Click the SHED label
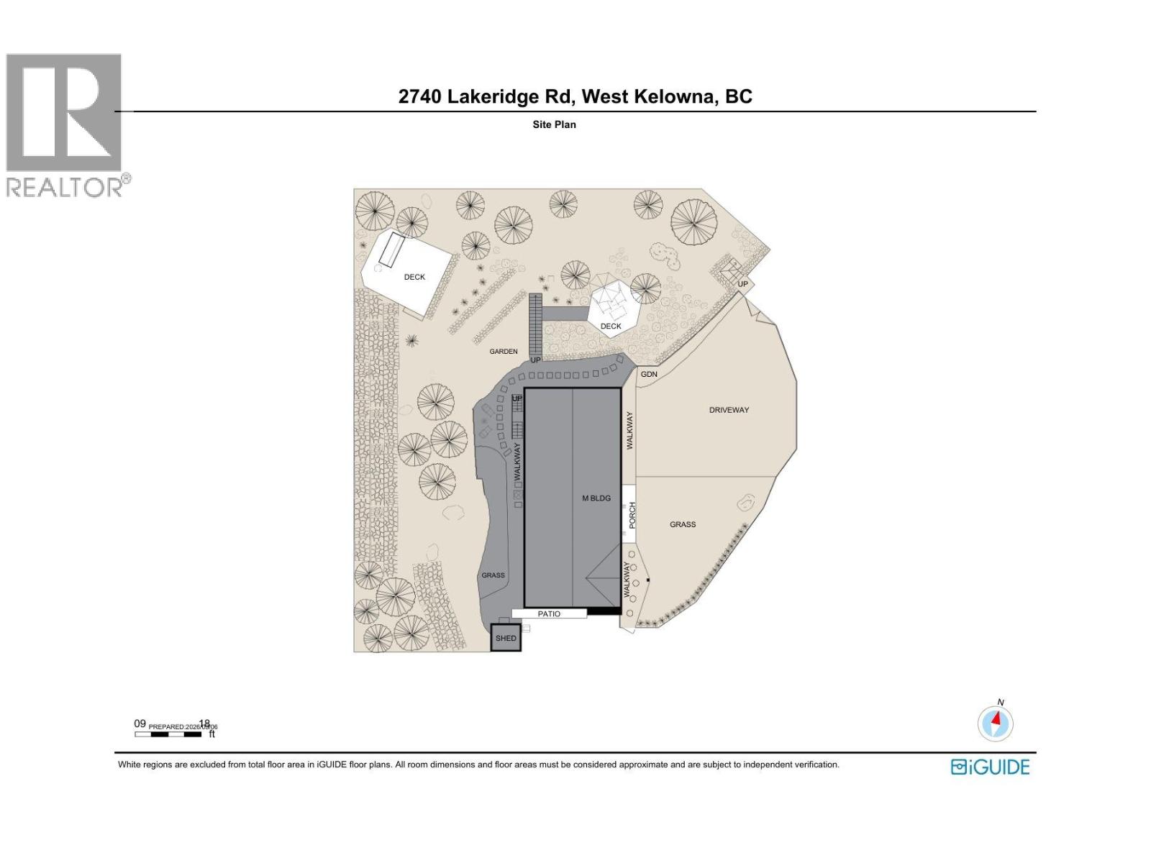pyautogui.click(x=506, y=639)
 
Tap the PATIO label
pyautogui.click(x=549, y=614)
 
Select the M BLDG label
pyautogui.click(x=596, y=498)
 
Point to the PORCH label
pyautogui.click(x=632, y=516)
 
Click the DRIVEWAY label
pyautogui.click(x=729, y=410)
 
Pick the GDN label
pyautogui.click(x=649, y=375)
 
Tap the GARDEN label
pyautogui.click(x=504, y=352)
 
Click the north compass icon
pyautogui.click(x=996, y=723)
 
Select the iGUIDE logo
pyautogui.click(x=990, y=767)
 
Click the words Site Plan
pyautogui.click(x=554, y=124)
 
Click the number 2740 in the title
pyautogui.click(x=420, y=96)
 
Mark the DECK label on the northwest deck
pyautogui.click(x=414, y=277)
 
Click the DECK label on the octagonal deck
pyautogui.click(x=611, y=327)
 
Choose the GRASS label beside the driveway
pyautogui.click(x=683, y=525)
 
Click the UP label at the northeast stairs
pyautogui.click(x=742, y=284)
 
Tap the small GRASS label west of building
pyautogui.click(x=493, y=575)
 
